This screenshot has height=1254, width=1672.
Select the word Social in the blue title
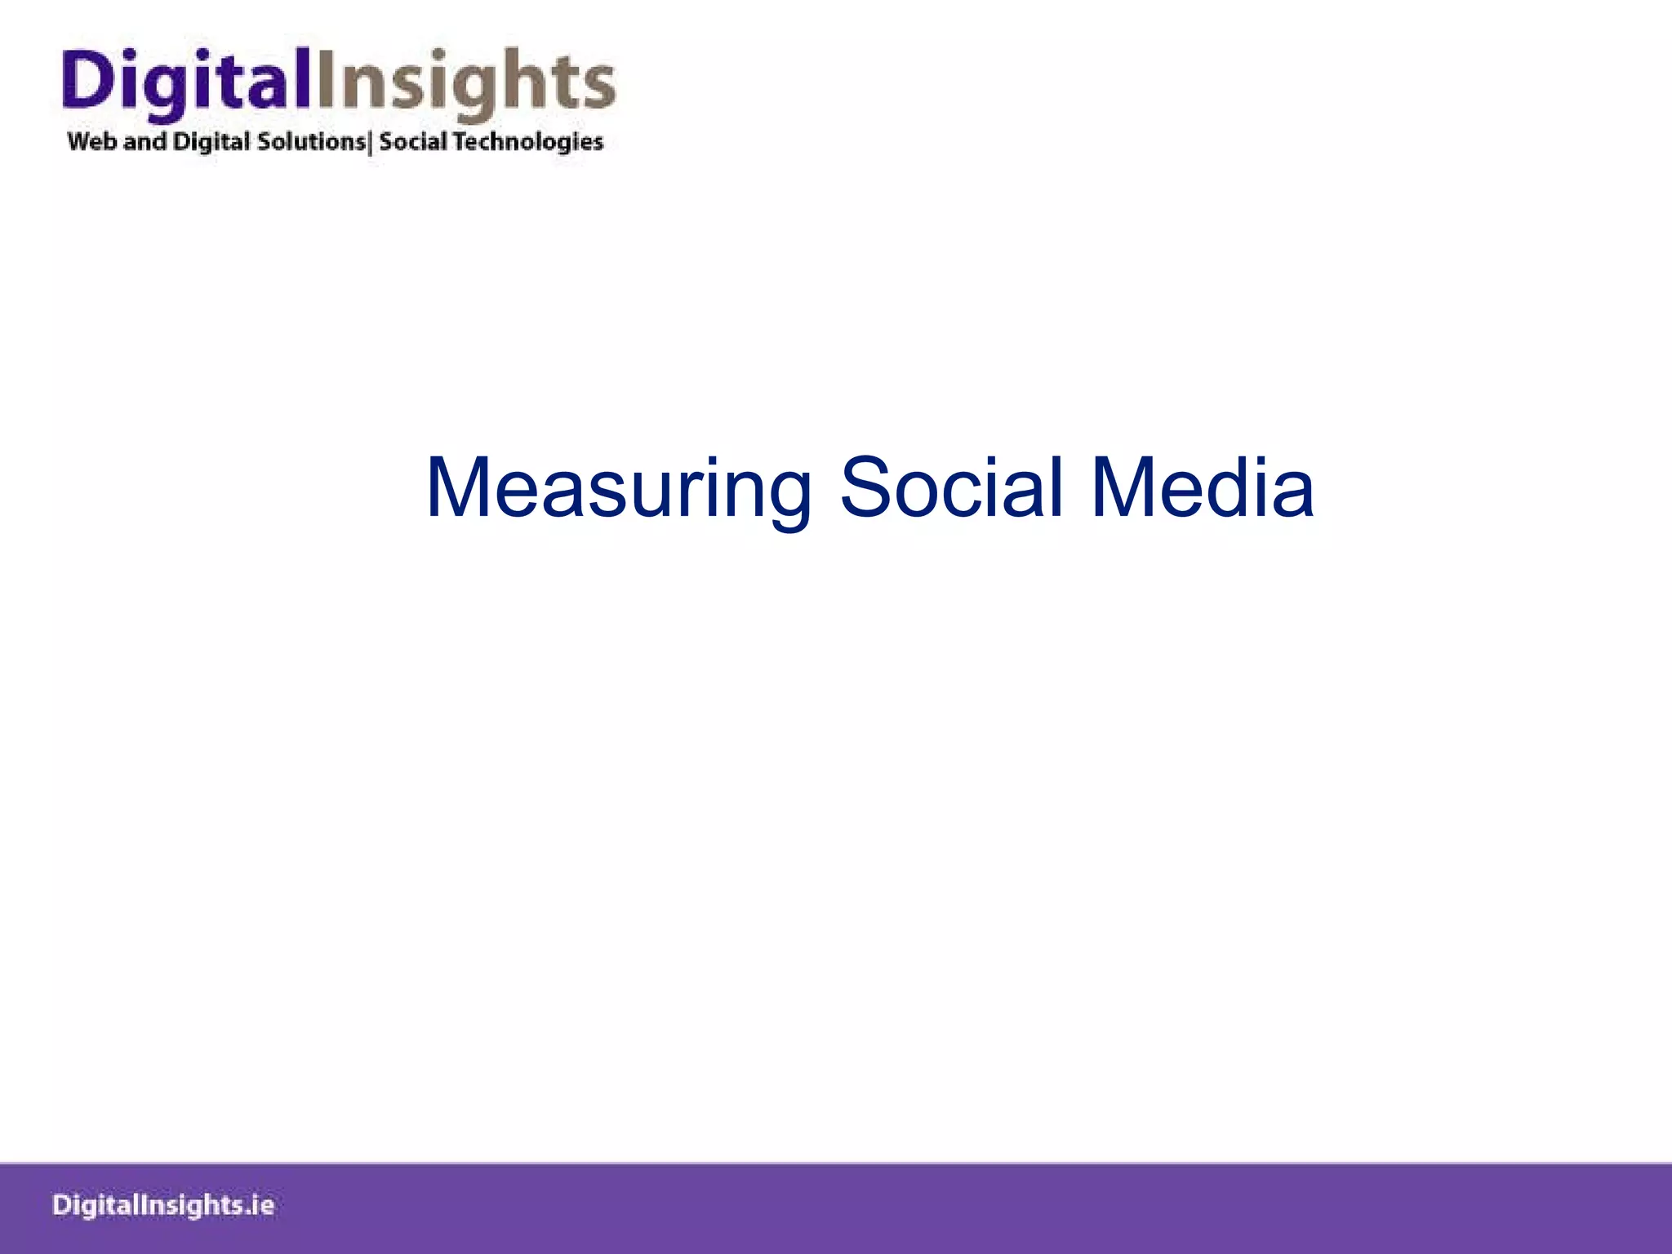click(x=951, y=488)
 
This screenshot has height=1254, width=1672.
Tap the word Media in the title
click(x=1202, y=488)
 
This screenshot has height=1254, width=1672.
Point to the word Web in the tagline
click(x=92, y=141)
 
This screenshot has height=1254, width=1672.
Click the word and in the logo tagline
click(x=145, y=141)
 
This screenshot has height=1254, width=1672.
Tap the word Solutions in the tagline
click(x=311, y=141)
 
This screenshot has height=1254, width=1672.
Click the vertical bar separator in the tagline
click(x=371, y=142)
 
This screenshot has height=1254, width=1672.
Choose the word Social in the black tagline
click(x=413, y=141)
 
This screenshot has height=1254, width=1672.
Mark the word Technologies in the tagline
click(x=528, y=142)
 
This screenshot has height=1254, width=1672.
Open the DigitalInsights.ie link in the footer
click(x=163, y=1206)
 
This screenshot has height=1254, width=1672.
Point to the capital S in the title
click(x=867, y=488)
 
